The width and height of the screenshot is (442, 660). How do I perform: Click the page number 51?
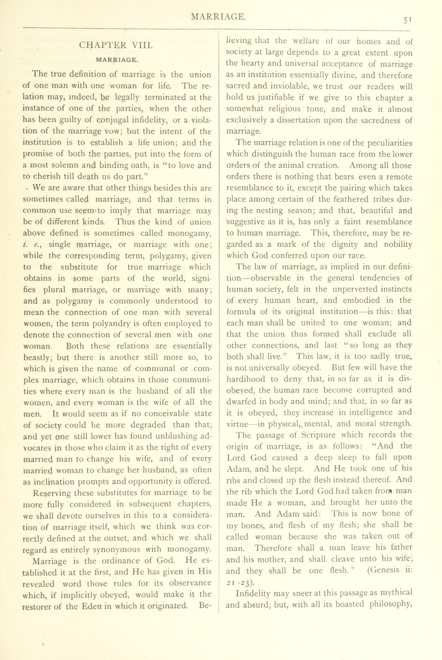pyautogui.click(x=408, y=20)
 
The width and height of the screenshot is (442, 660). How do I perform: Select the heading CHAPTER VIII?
pyautogui.click(x=116, y=45)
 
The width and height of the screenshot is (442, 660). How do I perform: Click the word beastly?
pyautogui.click(x=37, y=358)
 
